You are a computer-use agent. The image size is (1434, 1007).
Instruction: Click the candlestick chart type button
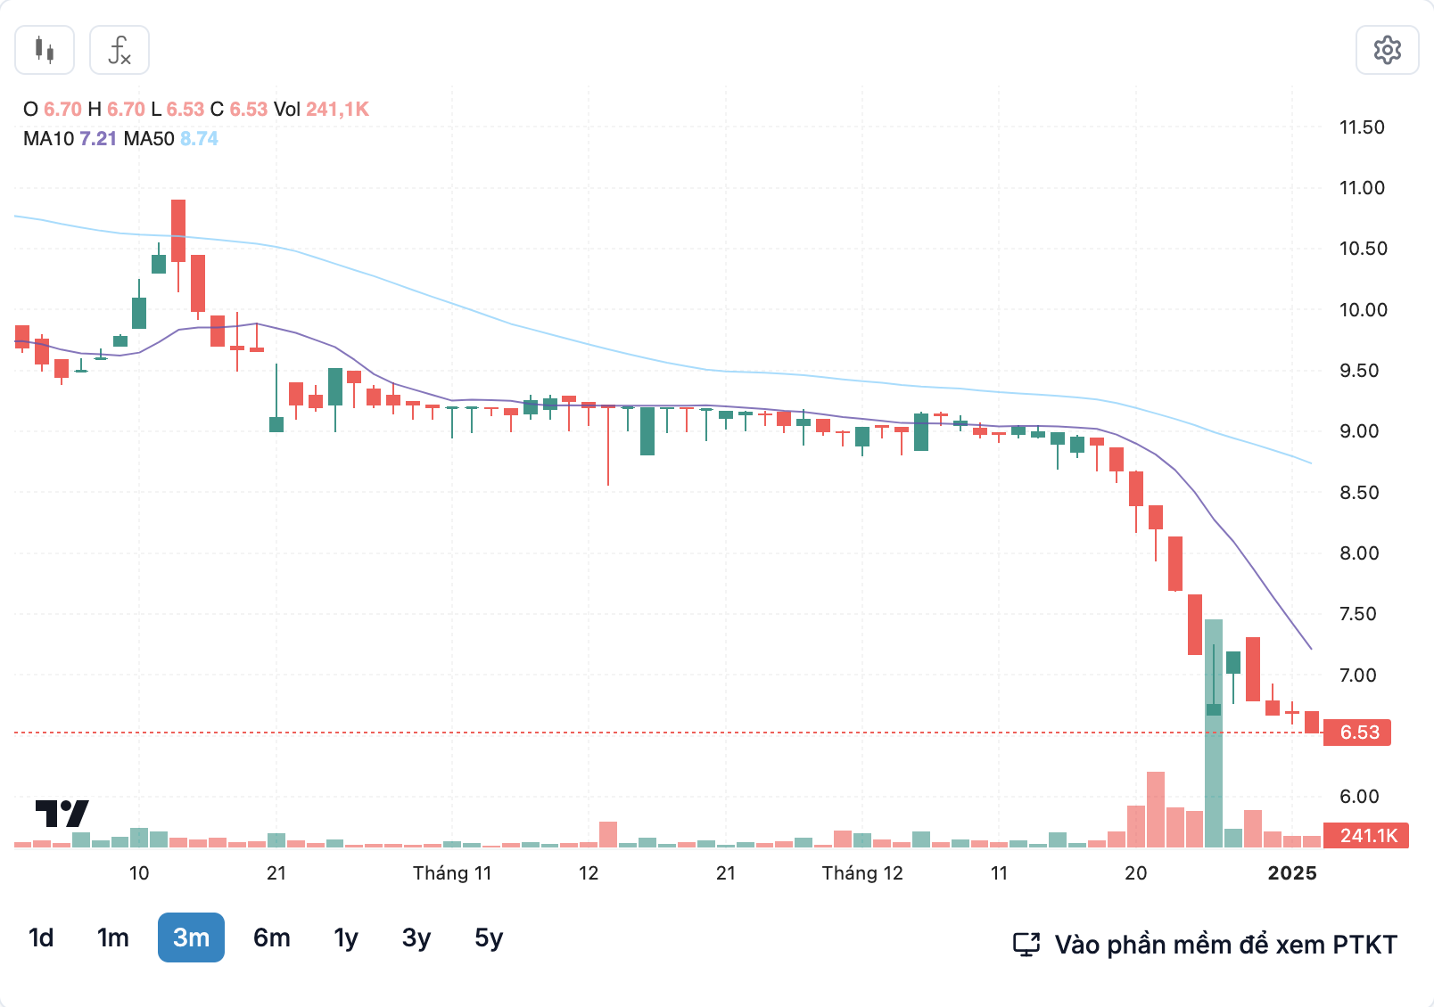tap(45, 50)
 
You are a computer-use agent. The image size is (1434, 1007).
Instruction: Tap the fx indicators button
tap(119, 50)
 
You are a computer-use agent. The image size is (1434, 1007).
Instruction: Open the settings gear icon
tap(1387, 50)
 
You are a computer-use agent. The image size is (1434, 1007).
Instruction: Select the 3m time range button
tap(191, 937)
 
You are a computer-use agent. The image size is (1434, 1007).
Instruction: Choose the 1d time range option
tap(41, 937)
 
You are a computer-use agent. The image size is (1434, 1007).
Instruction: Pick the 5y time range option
tap(489, 937)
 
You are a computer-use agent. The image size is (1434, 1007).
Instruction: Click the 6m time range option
tap(272, 937)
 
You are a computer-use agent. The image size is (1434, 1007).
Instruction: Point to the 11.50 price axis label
tap(1362, 127)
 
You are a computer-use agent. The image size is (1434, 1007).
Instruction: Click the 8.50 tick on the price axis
tap(1362, 492)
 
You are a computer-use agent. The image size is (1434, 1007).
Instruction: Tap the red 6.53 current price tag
tap(1358, 733)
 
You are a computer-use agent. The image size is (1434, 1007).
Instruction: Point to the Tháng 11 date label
tap(452, 873)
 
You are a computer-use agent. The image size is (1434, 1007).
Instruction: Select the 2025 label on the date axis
tap(1292, 873)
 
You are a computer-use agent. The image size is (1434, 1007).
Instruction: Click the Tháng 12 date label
tap(862, 873)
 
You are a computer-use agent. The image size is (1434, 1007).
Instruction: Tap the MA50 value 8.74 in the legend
tap(199, 139)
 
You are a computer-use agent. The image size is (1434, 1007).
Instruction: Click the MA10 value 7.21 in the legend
tap(98, 139)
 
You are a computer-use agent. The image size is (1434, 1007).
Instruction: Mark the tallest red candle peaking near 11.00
tap(178, 230)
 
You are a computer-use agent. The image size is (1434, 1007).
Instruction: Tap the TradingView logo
tap(62, 813)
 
